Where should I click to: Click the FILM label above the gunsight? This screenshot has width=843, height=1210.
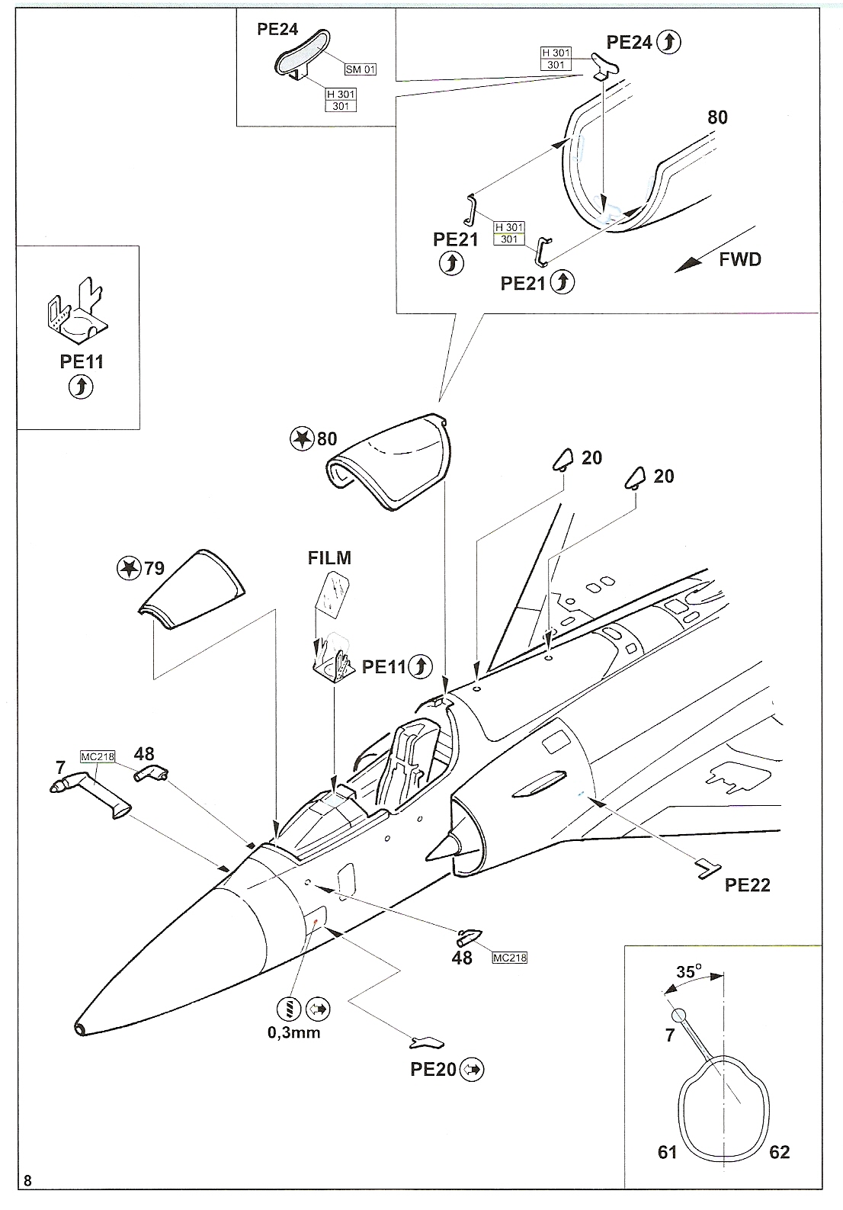329,557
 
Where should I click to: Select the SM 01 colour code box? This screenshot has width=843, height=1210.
361,69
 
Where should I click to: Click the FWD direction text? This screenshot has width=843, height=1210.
740,259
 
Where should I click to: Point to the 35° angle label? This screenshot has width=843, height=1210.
688,971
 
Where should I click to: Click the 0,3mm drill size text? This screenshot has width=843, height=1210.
294,1032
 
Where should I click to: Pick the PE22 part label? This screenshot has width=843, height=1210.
748,884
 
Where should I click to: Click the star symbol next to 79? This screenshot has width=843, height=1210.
129,568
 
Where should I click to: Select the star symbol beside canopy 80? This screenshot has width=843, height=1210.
303,438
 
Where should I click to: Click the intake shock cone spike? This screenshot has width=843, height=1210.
441,847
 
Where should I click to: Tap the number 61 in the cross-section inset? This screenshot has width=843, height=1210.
668,1151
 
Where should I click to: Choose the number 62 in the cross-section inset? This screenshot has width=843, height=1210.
779,1151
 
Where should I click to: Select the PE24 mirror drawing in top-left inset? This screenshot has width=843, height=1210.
299,53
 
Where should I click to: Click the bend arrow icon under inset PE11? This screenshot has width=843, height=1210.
81,387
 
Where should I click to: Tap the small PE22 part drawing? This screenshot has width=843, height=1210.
708,868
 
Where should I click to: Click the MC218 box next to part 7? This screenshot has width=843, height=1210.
97,757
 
